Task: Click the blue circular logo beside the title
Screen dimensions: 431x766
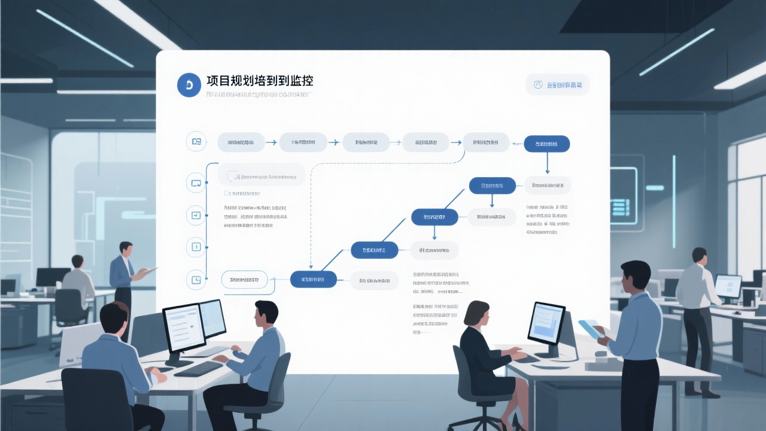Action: pyautogui.click(x=189, y=86)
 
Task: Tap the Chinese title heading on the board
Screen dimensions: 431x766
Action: pyautogui.click(x=260, y=82)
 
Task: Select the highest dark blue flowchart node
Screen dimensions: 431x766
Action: pyautogui.click(x=546, y=144)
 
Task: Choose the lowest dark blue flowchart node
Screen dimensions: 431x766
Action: pyautogui.click(x=313, y=279)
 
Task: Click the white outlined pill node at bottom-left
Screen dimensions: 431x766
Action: pyautogui.click(x=244, y=279)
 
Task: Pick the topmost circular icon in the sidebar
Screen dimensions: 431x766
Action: pyautogui.click(x=196, y=142)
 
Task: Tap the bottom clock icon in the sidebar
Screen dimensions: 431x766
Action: pyautogui.click(x=196, y=278)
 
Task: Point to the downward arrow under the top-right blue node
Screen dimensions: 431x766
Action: pyautogui.click(x=547, y=163)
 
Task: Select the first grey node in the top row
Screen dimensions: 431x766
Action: pyautogui.click(x=241, y=142)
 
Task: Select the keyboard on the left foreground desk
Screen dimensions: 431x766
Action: pyautogui.click(x=198, y=368)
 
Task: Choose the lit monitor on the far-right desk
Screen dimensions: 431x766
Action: pyautogui.click(x=727, y=286)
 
